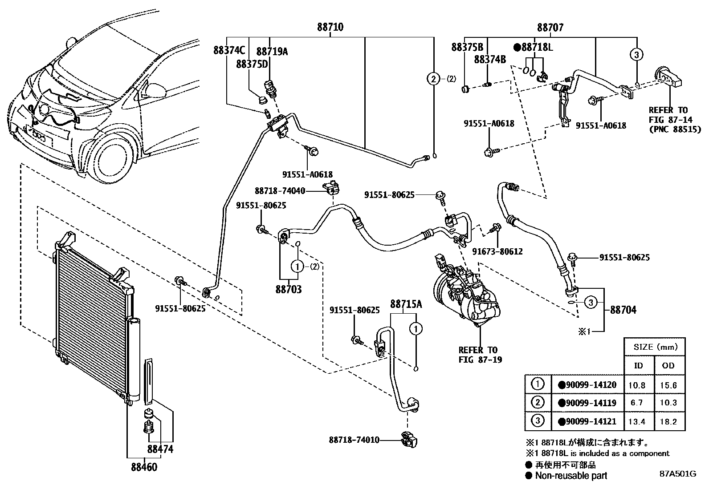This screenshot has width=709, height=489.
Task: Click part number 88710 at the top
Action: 330,27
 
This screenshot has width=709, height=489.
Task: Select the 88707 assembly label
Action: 550,28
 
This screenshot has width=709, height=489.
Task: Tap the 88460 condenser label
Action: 144,467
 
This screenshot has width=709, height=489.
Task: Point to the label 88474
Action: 160,449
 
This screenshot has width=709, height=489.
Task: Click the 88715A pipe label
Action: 406,304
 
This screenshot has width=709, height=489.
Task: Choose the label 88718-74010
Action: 354,440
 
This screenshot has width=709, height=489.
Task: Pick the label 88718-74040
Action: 280,191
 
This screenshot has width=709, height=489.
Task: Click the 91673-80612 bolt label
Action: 497,251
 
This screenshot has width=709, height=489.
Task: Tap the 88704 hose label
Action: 623,310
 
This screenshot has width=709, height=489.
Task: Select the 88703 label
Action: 289,289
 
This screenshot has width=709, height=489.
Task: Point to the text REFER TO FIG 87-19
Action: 480,355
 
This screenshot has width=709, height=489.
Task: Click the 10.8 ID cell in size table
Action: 637,385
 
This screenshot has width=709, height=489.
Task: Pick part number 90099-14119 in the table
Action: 587,403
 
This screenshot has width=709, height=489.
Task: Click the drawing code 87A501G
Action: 678,474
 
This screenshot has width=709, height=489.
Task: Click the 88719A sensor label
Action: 272,52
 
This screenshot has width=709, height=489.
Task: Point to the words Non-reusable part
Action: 571,475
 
